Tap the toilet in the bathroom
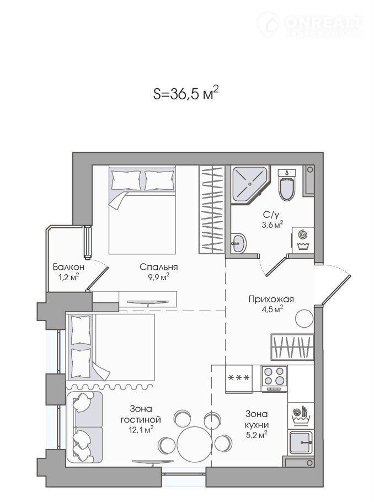click(287, 184)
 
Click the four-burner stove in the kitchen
click(274, 378)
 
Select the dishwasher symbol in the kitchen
click(300, 415)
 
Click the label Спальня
click(158, 267)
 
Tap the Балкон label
click(68, 267)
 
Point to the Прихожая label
click(271, 300)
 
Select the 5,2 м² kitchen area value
click(257, 435)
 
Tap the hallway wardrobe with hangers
click(292, 347)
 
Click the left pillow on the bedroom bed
click(126, 180)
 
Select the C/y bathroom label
click(269, 215)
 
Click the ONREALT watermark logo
click(310, 24)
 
